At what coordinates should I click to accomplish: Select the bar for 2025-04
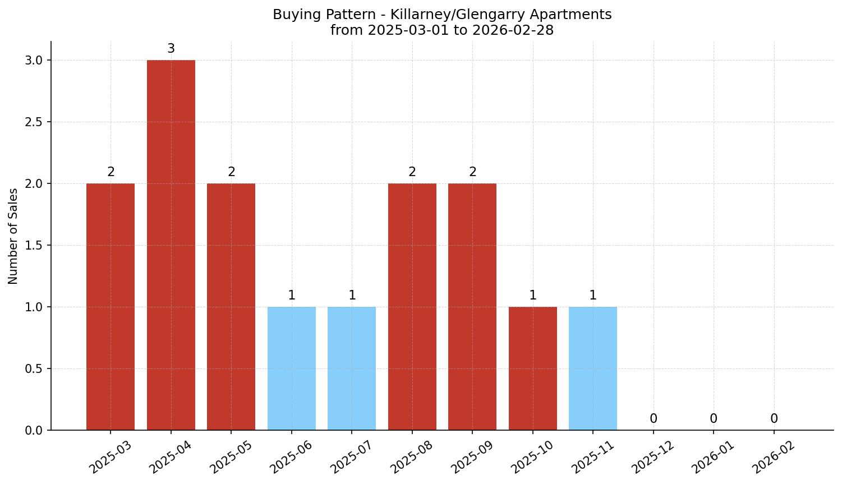(171, 245)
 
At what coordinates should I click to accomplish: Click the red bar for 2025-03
(111, 306)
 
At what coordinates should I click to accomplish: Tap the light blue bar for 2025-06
(292, 368)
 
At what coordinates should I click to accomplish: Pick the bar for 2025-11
(593, 368)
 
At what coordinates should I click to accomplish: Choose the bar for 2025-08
(412, 306)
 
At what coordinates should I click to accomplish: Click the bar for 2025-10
(533, 368)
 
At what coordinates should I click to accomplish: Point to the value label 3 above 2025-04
(171, 49)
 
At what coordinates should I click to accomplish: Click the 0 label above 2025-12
(654, 419)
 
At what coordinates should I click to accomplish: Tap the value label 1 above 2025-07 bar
(352, 296)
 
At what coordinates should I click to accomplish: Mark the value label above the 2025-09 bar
(473, 172)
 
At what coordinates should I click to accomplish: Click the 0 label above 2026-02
(774, 419)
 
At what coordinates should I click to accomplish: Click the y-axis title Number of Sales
(13, 236)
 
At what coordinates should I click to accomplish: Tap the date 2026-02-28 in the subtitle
(513, 30)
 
